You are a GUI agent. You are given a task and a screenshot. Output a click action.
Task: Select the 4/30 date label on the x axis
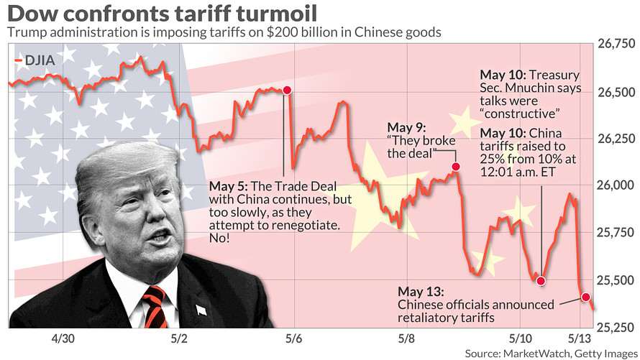[63, 338]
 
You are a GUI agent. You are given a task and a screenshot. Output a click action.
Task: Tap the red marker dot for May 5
[287, 91]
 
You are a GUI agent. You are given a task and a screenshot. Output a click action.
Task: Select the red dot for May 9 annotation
[456, 167]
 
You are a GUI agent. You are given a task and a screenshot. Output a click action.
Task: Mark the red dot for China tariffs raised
[541, 281]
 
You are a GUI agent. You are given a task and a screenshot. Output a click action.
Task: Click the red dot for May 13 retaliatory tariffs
[585, 297]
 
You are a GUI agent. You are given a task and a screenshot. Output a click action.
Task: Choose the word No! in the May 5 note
[220, 239]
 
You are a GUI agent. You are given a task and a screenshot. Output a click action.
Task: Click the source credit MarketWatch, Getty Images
[550, 353]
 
